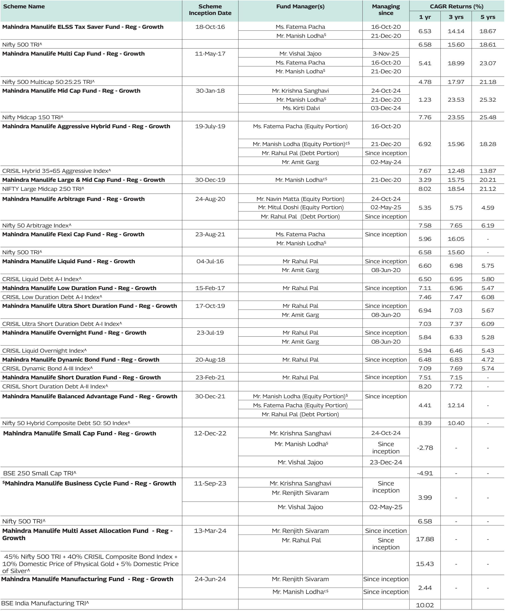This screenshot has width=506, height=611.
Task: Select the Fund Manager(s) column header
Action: click(x=300, y=6)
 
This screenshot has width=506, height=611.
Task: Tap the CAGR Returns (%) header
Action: click(x=457, y=6)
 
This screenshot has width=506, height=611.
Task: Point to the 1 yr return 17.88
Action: click(x=425, y=539)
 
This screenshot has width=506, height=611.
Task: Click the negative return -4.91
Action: click(x=425, y=473)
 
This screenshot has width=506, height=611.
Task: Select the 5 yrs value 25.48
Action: click(x=488, y=117)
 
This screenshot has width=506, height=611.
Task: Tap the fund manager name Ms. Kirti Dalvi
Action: click(x=301, y=108)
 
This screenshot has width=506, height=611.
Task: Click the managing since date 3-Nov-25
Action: click(x=386, y=54)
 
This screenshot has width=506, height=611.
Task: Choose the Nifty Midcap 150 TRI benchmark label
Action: click(x=33, y=117)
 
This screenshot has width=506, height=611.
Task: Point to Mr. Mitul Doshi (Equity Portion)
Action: click(x=301, y=207)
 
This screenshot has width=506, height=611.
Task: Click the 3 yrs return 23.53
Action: click(x=456, y=99)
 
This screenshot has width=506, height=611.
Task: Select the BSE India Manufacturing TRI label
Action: click(x=45, y=603)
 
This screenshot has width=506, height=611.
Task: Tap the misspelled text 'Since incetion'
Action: click(x=386, y=531)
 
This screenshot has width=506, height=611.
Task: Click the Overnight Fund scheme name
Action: click(x=74, y=333)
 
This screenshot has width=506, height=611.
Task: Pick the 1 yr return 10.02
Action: click(x=425, y=605)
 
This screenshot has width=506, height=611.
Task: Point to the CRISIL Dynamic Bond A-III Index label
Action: click(x=47, y=368)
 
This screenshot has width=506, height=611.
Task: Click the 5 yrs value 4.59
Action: click(x=488, y=208)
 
